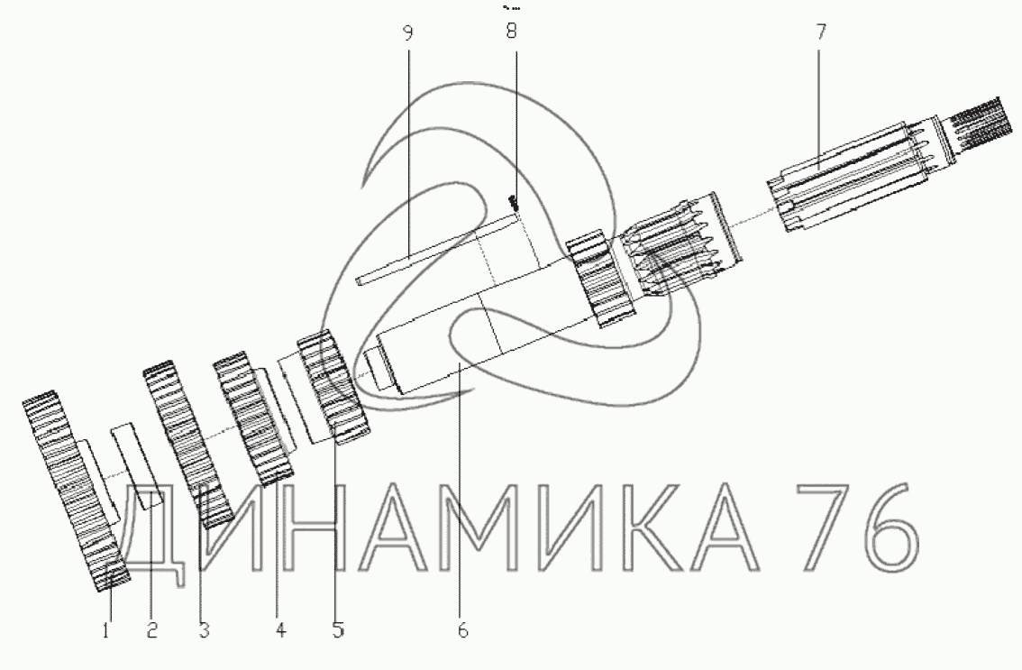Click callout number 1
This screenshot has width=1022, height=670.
[x=105, y=630]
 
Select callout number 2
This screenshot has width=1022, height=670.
[x=151, y=630]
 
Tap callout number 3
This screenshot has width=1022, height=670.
[x=204, y=630]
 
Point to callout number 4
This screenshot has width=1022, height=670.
[x=280, y=630]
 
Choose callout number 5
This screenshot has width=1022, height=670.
[x=338, y=630]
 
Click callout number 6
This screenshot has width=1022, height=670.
[x=462, y=630]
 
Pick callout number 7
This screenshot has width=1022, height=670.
[x=820, y=32]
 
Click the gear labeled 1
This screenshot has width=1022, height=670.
[x=76, y=491]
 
